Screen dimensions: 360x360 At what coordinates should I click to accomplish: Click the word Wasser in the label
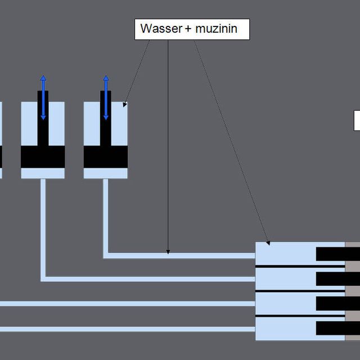click(x=160, y=29)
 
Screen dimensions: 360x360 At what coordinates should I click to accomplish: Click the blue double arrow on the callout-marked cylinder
click(x=106, y=97)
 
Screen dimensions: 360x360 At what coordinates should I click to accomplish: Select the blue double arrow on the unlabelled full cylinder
click(x=43, y=97)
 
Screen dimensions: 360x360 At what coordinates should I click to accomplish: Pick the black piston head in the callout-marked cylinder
click(x=106, y=157)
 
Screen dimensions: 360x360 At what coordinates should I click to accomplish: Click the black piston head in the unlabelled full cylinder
click(x=43, y=157)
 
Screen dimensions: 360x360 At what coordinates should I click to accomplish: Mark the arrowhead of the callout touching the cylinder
click(x=125, y=105)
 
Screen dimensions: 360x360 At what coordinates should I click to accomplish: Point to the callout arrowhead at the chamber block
click(x=268, y=242)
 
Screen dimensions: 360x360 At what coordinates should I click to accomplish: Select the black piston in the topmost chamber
click(x=330, y=254)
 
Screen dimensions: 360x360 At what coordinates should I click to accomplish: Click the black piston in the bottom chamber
click(x=330, y=328)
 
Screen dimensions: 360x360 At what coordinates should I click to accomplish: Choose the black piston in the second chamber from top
click(x=330, y=278)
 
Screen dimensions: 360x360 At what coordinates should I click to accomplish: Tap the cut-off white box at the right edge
click(x=357, y=120)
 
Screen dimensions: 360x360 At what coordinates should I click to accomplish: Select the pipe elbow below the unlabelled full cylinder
click(x=43, y=278)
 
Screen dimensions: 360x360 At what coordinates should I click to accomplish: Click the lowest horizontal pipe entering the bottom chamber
click(x=124, y=329)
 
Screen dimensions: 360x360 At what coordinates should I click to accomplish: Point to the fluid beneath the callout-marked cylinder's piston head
click(x=106, y=173)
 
